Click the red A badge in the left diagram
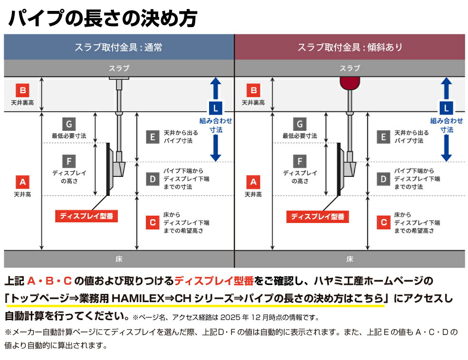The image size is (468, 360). (x=22, y=182)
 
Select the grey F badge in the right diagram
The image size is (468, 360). (x=300, y=161)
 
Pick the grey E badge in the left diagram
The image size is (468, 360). (x=152, y=137)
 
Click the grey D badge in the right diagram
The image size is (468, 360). (x=383, y=179)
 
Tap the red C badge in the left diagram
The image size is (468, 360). (x=152, y=222)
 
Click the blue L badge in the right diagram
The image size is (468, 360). (x=447, y=107)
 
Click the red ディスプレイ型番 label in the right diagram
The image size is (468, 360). (x=317, y=216)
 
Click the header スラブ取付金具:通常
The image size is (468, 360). (x=118, y=47)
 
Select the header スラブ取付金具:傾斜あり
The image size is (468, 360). (x=350, y=47)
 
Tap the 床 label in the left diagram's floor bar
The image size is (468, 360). (x=119, y=259)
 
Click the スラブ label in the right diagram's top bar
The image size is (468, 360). (x=350, y=68)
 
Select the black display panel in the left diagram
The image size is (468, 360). (x=108, y=169)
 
